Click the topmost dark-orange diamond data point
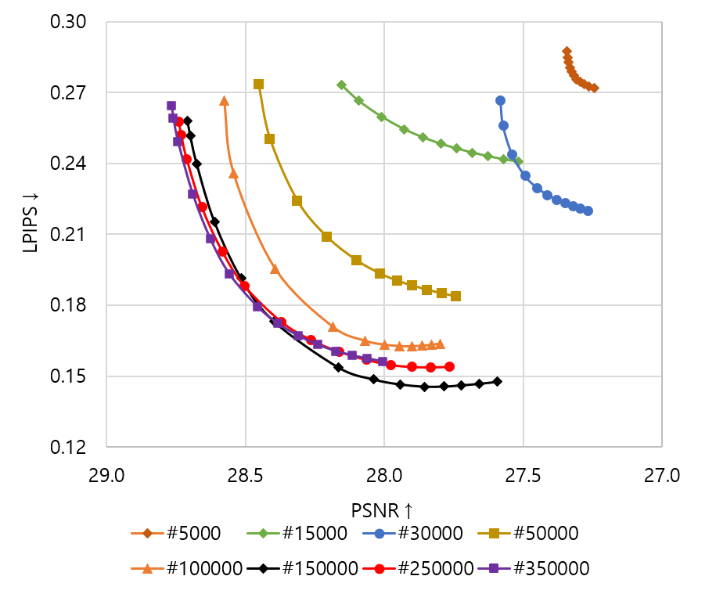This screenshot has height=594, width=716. [x=567, y=52]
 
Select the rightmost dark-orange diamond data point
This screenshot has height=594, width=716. [x=594, y=88]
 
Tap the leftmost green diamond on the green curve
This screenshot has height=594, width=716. [x=341, y=85]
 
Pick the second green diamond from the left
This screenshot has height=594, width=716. [x=358, y=100]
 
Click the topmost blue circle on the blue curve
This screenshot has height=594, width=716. [x=500, y=100]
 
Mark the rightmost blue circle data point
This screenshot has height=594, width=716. [x=588, y=211]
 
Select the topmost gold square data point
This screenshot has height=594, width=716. [x=258, y=84]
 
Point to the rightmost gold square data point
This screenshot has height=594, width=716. [x=455, y=296]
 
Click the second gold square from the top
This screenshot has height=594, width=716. [x=269, y=139]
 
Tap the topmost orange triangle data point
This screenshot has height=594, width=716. [x=225, y=101]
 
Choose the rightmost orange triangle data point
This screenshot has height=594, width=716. [x=440, y=344]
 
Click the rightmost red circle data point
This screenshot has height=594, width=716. [x=449, y=366]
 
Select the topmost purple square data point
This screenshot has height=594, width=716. [x=171, y=106]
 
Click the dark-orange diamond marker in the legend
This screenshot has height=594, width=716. [x=147, y=533]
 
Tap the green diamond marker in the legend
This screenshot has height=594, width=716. [x=263, y=533]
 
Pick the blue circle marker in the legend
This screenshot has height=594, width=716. [x=379, y=533]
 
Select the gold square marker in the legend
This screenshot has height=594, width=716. [x=494, y=533]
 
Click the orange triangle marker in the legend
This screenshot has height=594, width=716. [x=147, y=569]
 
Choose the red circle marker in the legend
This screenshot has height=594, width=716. [x=379, y=569]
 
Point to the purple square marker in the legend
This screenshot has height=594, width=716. [x=494, y=569]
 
